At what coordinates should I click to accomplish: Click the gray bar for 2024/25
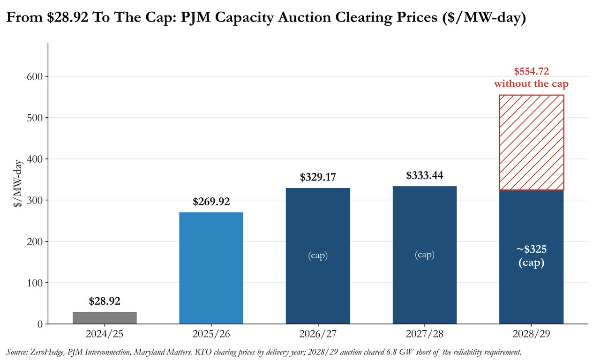pyautogui.click(x=105, y=318)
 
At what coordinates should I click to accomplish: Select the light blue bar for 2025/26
pyautogui.click(x=211, y=268)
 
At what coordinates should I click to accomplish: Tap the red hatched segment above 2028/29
pyautogui.click(x=532, y=142)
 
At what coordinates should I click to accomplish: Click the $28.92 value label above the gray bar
pyautogui.click(x=105, y=301)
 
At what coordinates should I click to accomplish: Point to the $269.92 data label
pyautogui.click(x=211, y=202)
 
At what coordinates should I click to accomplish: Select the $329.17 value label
pyautogui.click(x=318, y=177)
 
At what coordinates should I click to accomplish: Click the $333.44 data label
pyautogui.click(x=425, y=176)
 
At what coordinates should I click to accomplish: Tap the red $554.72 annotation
pyautogui.click(x=532, y=72)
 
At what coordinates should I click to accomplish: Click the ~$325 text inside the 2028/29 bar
pyautogui.click(x=532, y=249)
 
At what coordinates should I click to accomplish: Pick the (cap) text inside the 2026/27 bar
pyautogui.click(x=318, y=255)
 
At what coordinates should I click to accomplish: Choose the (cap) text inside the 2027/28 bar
pyautogui.click(x=425, y=255)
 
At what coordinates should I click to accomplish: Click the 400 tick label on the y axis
pyautogui.click(x=35, y=159)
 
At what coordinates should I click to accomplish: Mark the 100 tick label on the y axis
pyautogui.click(x=35, y=283)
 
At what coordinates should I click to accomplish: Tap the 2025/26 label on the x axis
pyautogui.click(x=211, y=334)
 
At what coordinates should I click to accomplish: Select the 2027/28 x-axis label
pyautogui.click(x=425, y=334)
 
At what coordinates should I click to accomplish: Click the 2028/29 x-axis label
pyautogui.click(x=532, y=334)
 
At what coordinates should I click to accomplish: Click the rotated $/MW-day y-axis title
pyautogui.click(x=18, y=183)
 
